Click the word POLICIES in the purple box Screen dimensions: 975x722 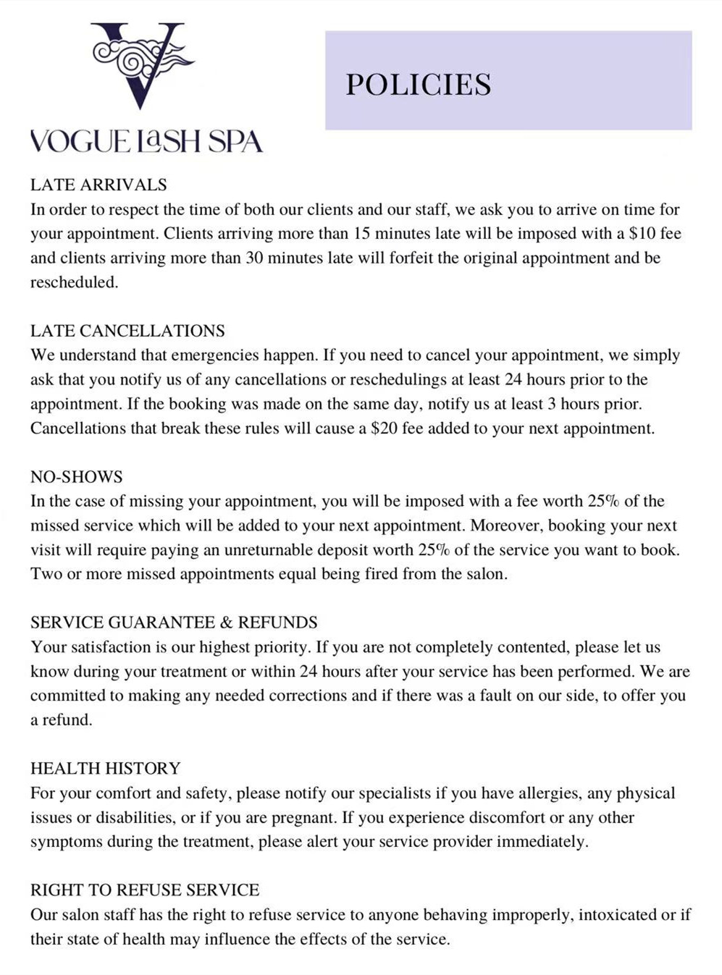(x=418, y=85)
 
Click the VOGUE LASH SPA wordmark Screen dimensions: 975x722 (x=146, y=141)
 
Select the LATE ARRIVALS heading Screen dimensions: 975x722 (x=98, y=185)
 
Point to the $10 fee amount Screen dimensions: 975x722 (x=643, y=234)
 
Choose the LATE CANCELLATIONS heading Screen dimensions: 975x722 (x=127, y=331)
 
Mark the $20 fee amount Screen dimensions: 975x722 (x=384, y=429)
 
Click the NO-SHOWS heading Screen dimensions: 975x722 (x=77, y=477)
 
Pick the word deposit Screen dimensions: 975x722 (x=361, y=550)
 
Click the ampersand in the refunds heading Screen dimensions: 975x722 (x=226, y=622)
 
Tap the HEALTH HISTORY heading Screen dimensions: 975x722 (x=106, y=769)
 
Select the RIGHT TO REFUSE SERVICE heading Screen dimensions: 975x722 (x=145, y=890)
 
